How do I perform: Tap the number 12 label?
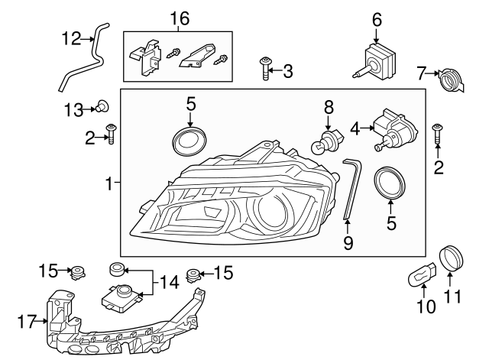pyautogui.click(x=70, y=38)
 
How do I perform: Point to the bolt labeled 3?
pyautogui.click(x=264, y=70)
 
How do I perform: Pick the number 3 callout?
pyautogui.click(x=287, y=73)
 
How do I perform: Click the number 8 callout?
pyautogui.click(x=329, y=107)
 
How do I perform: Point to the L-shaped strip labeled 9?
pyautogui.click(x=351, y=188)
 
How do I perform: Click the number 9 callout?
pyautogui.click(x=348, y=244)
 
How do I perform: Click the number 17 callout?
pyautogui.click(x=25, y=322)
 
